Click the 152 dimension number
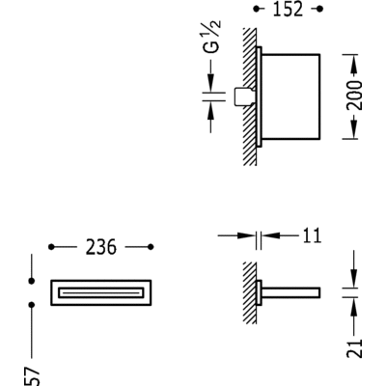tap(287, 10)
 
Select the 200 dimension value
tap(356, 96)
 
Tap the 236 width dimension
tap(100, 248)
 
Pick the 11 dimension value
tap(311, 235)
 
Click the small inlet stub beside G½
tap(244, 96)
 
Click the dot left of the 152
tap(255, 10)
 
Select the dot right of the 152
tap(320, 10)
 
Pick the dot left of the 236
tap(51, 248)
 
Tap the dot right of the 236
tap(150, 248)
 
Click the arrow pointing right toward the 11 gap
tap(249, 234)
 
